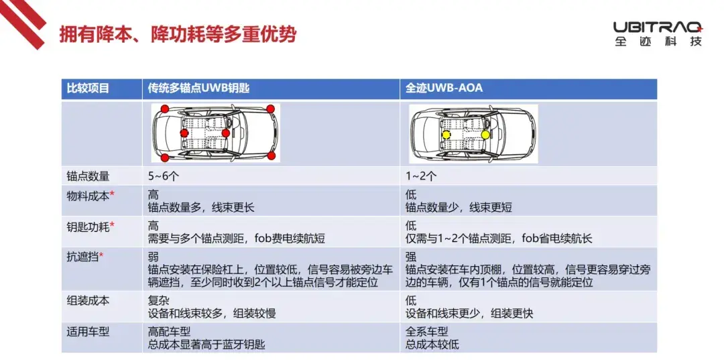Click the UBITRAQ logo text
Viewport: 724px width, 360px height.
click(658, 26)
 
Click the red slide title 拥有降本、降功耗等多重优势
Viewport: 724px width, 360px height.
click(177, 34)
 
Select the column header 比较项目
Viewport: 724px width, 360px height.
click(88, 88)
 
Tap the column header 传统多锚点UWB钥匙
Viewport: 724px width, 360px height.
click(198, 88)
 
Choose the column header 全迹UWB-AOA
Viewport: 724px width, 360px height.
click(444, 88)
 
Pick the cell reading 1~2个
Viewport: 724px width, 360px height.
click(421, 176)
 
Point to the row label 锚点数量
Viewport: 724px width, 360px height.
click(88, 176)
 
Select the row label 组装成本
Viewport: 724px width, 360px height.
click(88, 302)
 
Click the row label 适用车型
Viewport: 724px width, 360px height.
click(88, 332)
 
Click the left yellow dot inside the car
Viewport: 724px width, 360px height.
click(446, 135)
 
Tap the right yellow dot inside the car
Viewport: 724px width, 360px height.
click(485, 134)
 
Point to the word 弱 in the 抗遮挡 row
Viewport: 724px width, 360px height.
click(153, 257)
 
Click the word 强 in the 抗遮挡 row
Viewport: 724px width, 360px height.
click(410, 257)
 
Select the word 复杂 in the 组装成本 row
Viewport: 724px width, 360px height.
click(158, 302)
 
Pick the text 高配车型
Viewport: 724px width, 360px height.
click(169, 332)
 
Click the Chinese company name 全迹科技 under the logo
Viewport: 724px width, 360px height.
click(658, 41)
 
